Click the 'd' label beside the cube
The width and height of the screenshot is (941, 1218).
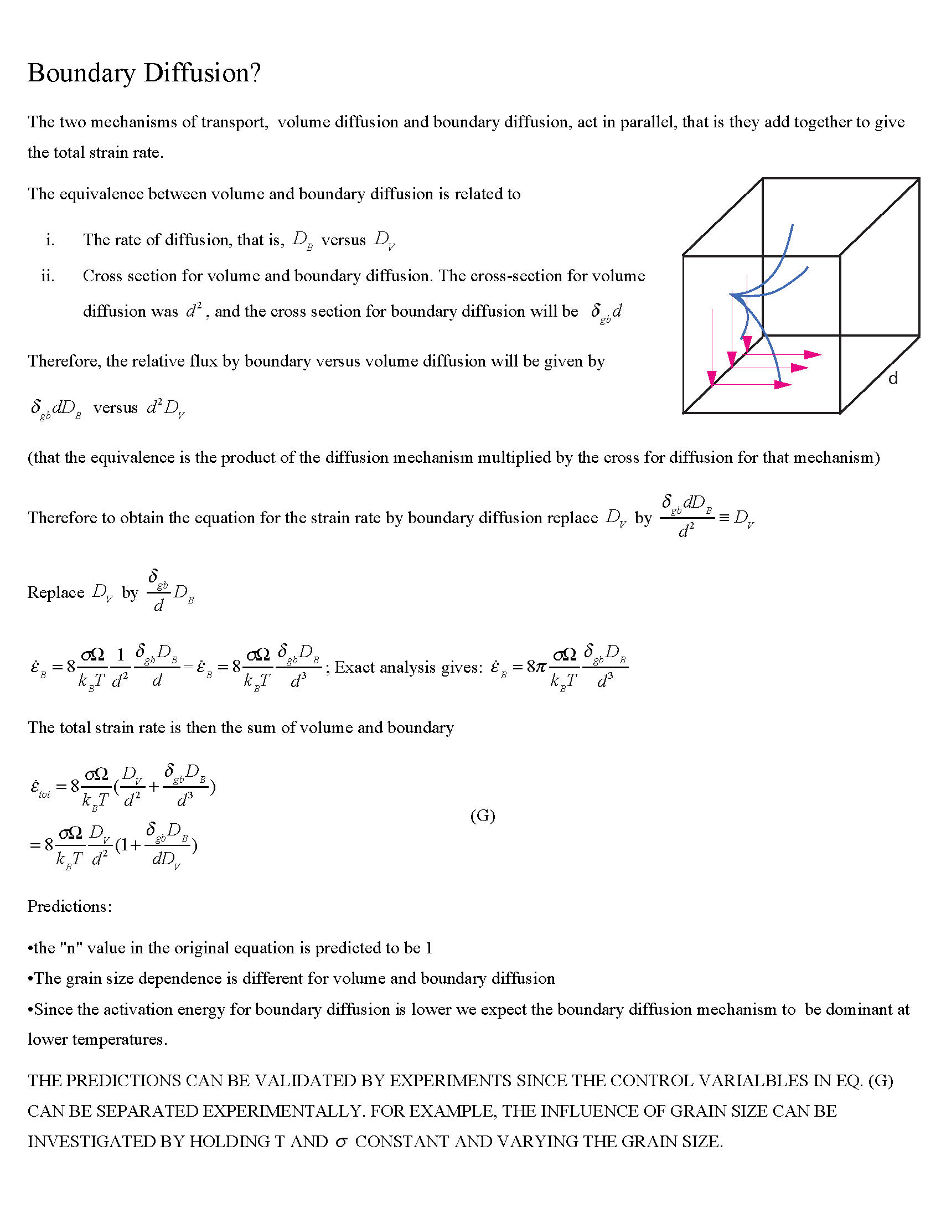(x=893, y=379)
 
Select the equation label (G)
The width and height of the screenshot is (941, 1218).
(x=483, y=816)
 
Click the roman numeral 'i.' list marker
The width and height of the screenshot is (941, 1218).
(x=50, y=240)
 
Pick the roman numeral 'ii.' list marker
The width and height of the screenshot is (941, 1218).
(x=48, y=276)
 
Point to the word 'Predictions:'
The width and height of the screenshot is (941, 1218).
(x=70, y=906)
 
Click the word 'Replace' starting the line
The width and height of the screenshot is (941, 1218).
(x=56, y=592)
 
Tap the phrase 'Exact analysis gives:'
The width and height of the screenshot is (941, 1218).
(x=409, y=667)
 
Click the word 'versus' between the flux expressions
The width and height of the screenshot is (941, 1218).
(x=115, y=407)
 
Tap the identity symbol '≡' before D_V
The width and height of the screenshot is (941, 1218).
(x=724, y=518)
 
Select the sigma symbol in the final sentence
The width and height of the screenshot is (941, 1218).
(x=341, y=1142)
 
